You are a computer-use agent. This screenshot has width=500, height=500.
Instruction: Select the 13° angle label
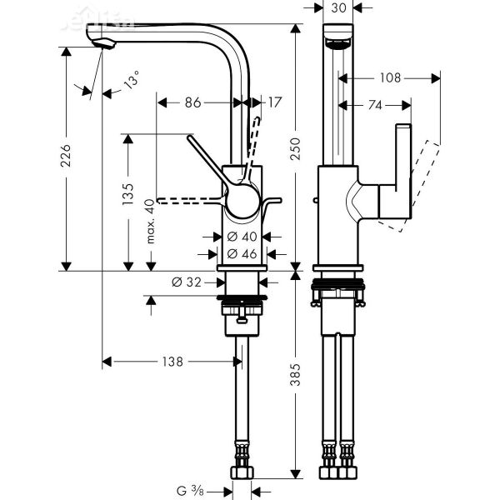(132, 83)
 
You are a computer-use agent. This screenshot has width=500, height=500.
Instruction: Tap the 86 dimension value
(192, 102)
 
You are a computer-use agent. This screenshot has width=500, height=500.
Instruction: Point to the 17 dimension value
(275, 102)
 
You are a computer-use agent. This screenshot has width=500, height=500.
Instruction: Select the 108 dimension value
(389, 78)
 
